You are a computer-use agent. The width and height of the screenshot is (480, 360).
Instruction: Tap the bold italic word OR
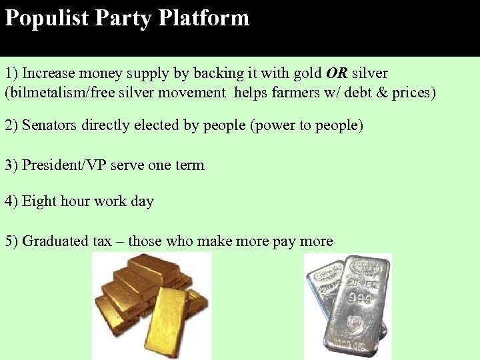(337, 73)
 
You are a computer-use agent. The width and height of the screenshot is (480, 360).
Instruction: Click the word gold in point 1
(307, 73)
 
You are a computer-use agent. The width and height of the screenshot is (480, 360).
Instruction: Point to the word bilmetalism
(43, 93)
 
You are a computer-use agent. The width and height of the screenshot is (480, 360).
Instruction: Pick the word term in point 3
(190, 165)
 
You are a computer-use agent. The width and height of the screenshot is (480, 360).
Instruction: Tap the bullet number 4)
(12, 201)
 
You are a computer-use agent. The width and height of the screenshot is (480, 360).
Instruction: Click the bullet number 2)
(12, 126)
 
